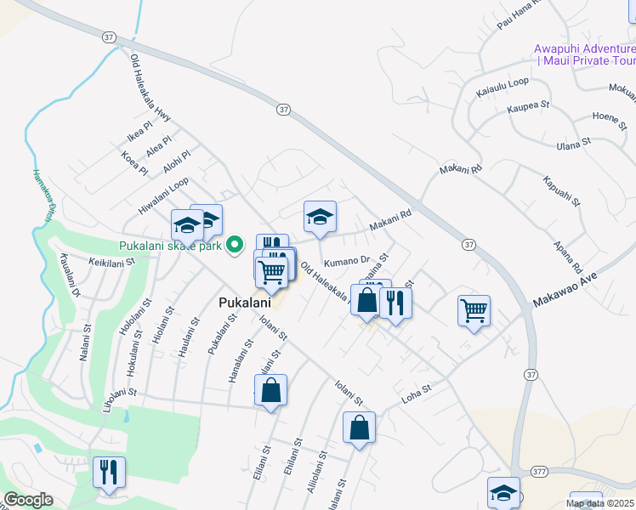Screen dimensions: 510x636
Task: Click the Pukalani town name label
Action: pos(244,303)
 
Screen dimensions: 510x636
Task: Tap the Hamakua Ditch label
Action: pos(42,196)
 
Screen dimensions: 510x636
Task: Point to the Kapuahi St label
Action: pos(561,191)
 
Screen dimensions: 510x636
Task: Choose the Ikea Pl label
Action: pos(139,132)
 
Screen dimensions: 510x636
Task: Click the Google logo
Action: pos(28,500)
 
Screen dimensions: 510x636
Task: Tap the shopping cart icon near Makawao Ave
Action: pos(474,309)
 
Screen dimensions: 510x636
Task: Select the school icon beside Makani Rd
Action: pos(321,217)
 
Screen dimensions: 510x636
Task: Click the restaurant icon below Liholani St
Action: pos(109,472)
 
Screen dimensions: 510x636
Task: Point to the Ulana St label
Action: pos(572,144)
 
